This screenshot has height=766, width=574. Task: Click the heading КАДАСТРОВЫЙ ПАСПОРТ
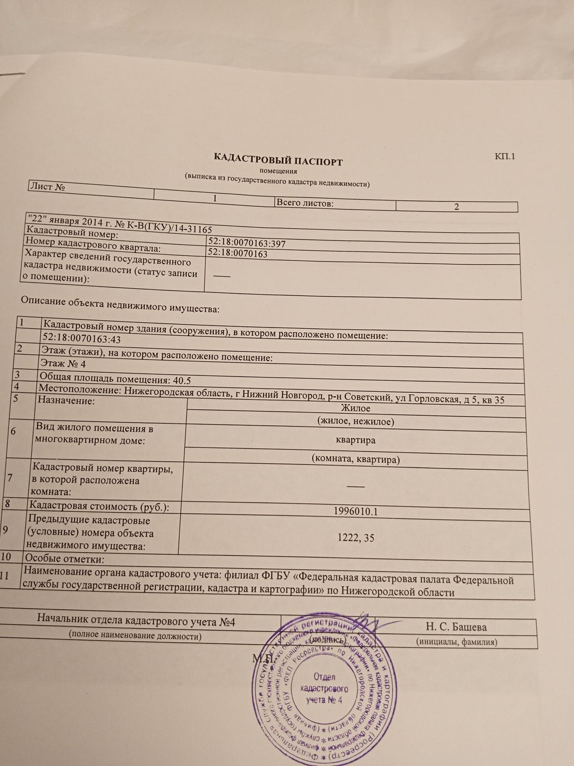[x=278, y=160]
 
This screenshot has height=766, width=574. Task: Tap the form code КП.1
[x=505, y=156]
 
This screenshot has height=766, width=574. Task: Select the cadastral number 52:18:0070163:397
[x=247, y=244]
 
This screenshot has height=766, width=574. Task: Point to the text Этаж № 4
[x=63, y=364]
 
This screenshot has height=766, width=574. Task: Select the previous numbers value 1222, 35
[x=356, y=538]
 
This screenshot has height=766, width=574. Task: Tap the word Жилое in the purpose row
[x=356, y=408]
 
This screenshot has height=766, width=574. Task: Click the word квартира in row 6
[x=356, y=440]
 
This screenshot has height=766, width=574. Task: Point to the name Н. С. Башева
[x=456, y=627]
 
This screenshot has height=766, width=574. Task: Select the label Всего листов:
[x=305, y=203]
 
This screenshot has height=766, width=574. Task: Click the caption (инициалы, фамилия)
[x=456, y=642]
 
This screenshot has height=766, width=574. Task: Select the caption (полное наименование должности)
[x=135, y=635]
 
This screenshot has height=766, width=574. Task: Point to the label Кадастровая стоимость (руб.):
[x=99, y=506]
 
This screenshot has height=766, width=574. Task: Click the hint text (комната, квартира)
[x=356, y=459]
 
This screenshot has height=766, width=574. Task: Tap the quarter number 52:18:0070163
[x=238, y=254]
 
